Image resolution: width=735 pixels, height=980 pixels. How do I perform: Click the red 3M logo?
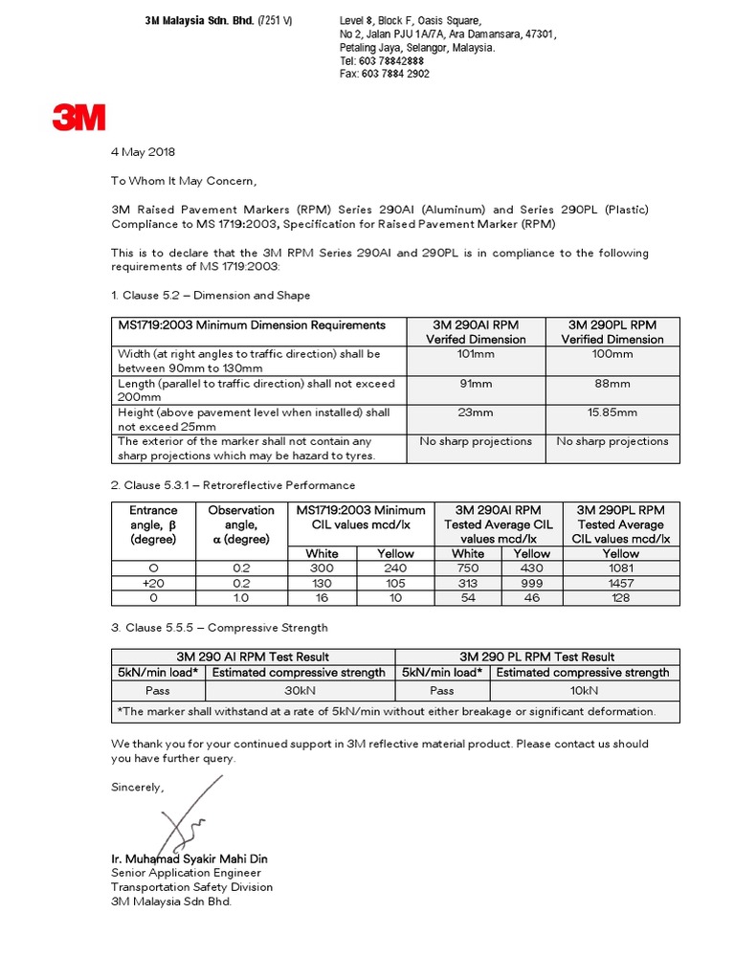(x=78, y=118)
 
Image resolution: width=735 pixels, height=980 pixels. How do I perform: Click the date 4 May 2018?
(x=144, y=152)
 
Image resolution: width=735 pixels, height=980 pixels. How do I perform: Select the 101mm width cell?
(x=476, y=354)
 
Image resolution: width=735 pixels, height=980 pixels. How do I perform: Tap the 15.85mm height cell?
(x=612, y=412)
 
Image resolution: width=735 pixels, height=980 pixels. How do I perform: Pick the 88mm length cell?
(x=612, y=384)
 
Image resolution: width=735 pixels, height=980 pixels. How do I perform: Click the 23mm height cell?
(x=476, y=412)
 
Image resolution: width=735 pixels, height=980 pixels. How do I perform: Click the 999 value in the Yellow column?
(x=532, y=583)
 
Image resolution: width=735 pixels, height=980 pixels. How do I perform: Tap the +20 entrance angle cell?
(x=153, y=583)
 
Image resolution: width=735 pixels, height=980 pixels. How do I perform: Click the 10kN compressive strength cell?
(x=584, y=689)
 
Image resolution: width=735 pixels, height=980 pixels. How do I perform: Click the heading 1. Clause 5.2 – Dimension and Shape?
(x=211, y=296)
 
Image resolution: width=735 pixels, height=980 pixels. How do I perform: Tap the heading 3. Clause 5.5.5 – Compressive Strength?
(x=219, y=628)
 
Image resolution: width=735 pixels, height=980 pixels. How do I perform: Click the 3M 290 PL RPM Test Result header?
(x=537, y=657)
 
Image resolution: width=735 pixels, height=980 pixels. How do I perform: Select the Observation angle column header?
(x=241, y=524)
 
